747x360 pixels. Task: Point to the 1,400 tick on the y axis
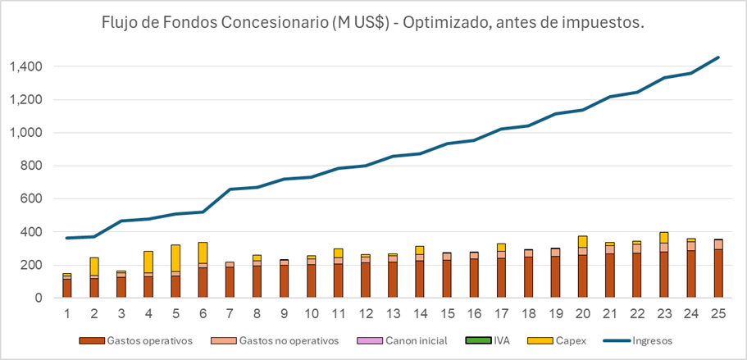[26, 66]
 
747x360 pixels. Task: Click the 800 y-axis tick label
[33, 166]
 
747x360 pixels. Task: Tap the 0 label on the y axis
[40, 298]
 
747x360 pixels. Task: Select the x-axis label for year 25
[717, 315]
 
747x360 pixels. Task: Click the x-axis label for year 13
[394, 315]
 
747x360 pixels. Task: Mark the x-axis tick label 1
[67, 315]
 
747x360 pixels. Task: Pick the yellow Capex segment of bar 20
[582, 241]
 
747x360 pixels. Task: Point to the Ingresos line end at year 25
[718, 57]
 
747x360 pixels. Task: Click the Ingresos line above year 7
[230, 189]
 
